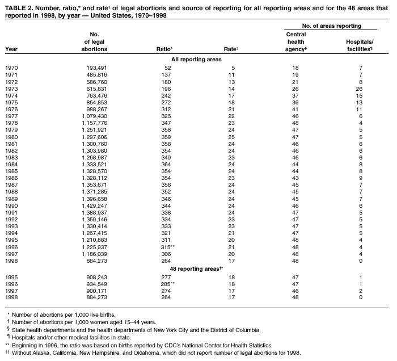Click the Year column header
point(11,49)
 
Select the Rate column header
point(230,49)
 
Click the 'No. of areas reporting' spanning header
point(332,26)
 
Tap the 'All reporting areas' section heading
point(196,59)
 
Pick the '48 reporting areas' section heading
point(197,268)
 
